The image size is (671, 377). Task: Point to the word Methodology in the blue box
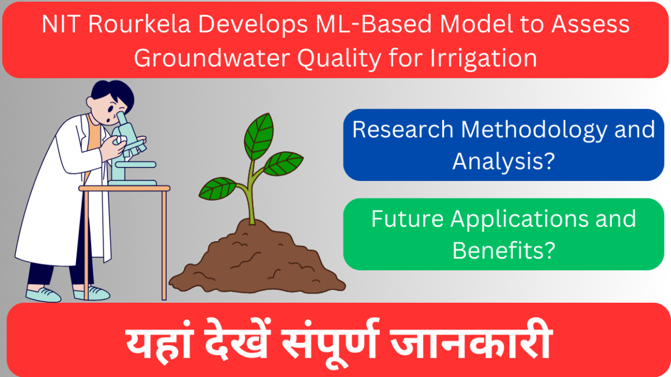(x=530, y=129)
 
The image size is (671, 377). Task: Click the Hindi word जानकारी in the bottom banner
(x=470, y=344)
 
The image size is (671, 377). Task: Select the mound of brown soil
(x=255, y=261)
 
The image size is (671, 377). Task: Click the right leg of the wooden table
(x=164, y=244)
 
